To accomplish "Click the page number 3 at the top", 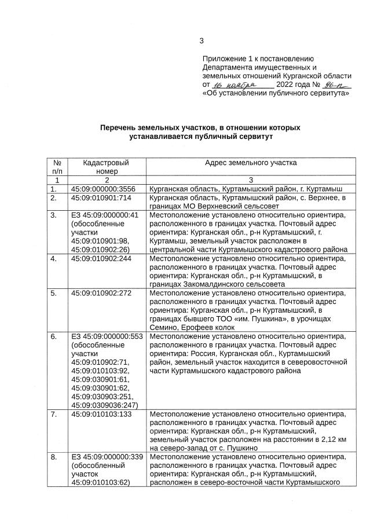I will [x=202, y=41].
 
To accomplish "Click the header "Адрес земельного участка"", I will [x=251, y=163].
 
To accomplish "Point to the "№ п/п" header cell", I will [x=57, y=167].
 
